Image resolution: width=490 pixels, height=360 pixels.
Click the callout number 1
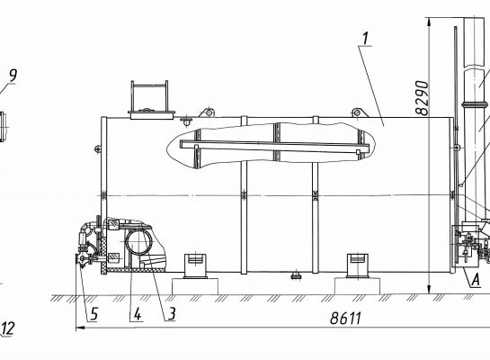point(366,38)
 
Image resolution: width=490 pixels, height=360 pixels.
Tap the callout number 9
point(13,76)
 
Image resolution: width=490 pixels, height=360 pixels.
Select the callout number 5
point(94,314)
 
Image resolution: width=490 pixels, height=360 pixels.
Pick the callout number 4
point(138,314)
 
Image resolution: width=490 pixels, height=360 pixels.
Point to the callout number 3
point(172,314)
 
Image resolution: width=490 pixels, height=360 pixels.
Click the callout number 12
point(8,328)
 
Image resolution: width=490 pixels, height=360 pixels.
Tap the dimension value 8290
point(423,98)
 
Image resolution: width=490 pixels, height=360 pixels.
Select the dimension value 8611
point(345,319)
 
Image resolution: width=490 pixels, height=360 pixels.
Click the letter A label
point(475,280)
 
